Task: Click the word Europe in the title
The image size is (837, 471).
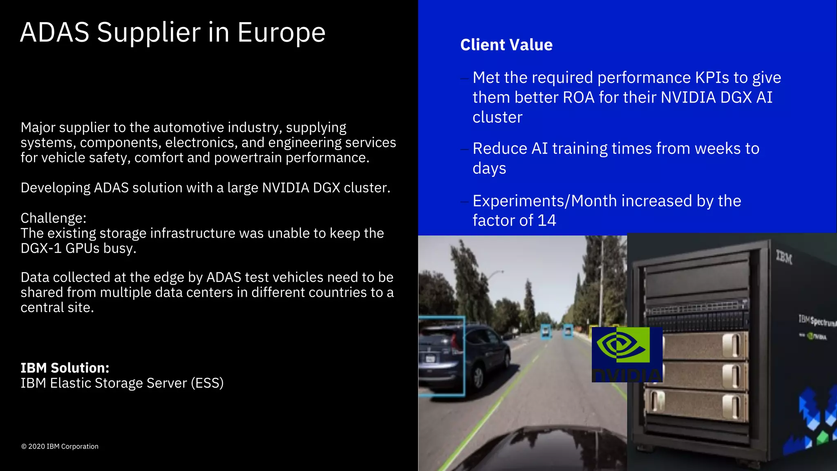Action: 281,33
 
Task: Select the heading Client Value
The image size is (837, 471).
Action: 506,45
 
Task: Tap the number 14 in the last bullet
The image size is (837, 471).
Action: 546,221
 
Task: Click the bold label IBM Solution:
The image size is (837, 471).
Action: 65,368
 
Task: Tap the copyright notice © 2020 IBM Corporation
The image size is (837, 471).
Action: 60,446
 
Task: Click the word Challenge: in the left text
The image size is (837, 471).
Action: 54,218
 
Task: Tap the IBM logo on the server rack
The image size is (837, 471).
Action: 784,258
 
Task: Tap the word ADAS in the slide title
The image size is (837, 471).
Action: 55,33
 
